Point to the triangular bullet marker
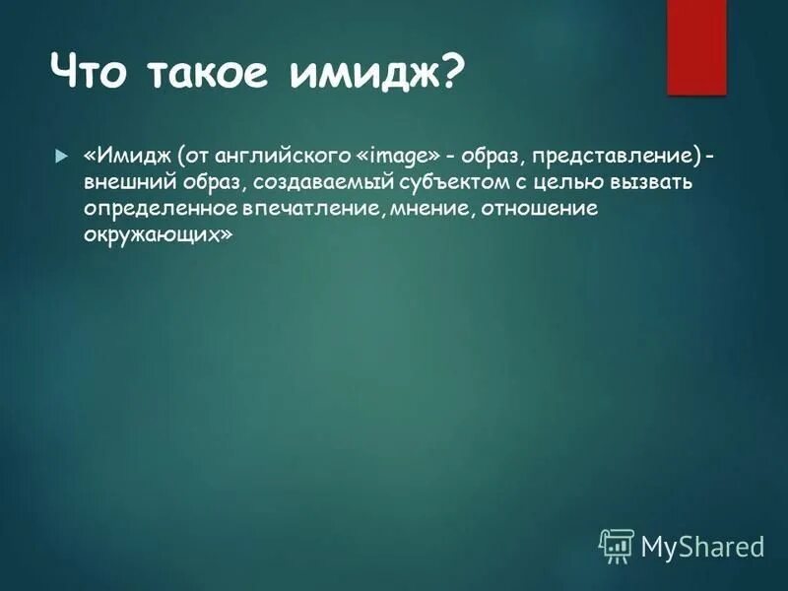tap(60, 158)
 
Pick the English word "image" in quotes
tap(398, 158)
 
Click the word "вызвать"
tap(656, 184)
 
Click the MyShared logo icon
tap(617, 545)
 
